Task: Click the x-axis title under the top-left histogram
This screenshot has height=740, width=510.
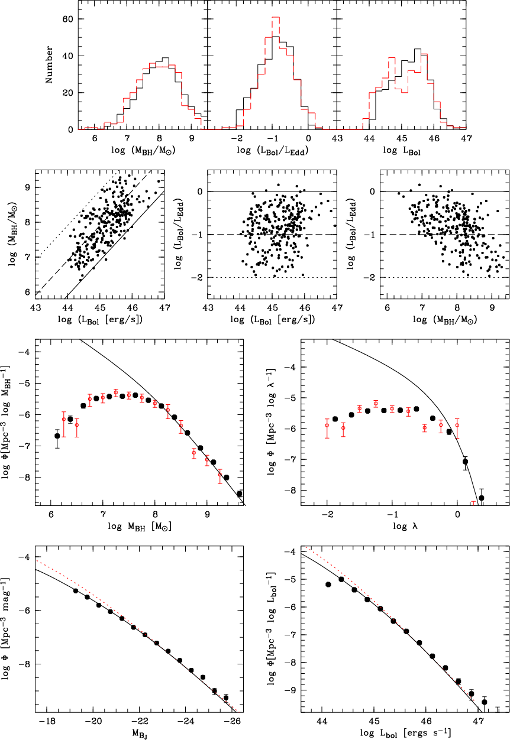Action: point(143,151)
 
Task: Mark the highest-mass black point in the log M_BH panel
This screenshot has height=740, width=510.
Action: point(240,494)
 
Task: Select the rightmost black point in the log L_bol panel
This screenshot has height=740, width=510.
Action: point(484,702)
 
